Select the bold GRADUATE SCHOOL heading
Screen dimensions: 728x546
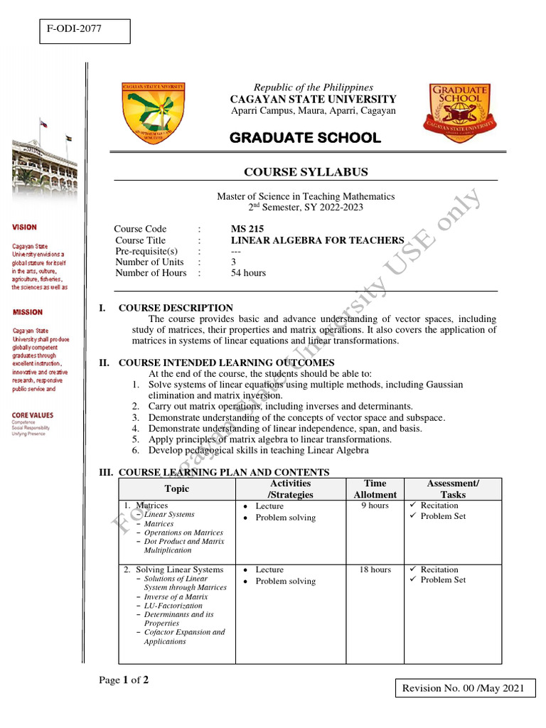tap(306, 138)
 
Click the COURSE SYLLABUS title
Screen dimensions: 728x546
tap(306, 172)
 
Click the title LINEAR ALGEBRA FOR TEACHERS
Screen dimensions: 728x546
tap(317, 240)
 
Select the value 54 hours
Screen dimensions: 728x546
tap(248, 273)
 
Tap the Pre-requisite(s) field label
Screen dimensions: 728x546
tap(146, 251)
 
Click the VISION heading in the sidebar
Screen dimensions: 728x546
tap(24, 227)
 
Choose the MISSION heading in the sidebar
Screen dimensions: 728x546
tap(27, 312)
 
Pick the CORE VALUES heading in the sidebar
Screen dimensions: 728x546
tap(32, 414)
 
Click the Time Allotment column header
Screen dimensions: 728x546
tap(375, 489)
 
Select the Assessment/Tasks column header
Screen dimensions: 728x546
tap(453, 489)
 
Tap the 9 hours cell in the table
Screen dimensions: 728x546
tap(375, 505)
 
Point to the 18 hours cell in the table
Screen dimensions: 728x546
tap(375, 569)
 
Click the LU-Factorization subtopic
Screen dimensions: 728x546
tap(173, 606)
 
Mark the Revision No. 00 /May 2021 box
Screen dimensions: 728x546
tap(464, 688)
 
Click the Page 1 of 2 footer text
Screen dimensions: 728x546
tap(124, 680)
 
